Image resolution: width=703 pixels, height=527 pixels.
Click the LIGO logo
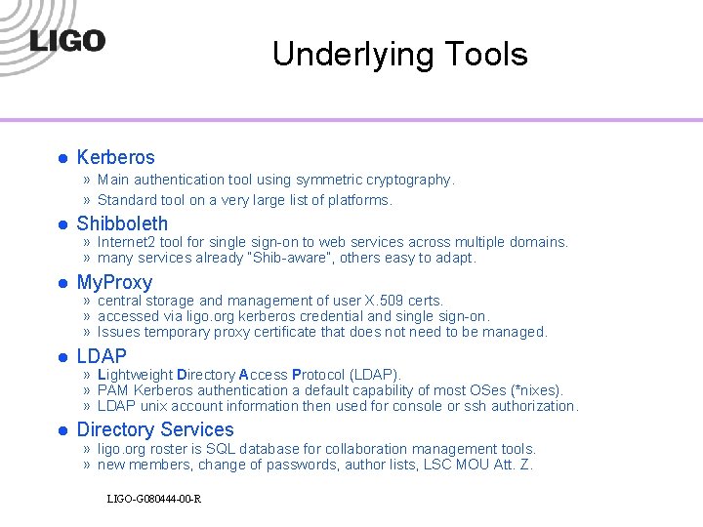pyautogui.click(x=66, y=41)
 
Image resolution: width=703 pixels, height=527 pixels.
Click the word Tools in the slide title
pyautogui.click(x=485, y=54)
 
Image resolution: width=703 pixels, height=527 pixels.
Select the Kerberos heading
pyautogui.click(x=115, y=157)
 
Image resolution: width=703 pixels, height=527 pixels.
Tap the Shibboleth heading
pyautogui.click(x=122, y=223)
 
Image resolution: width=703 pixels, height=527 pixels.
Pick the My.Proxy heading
pyautogui.click(x=114, y=283)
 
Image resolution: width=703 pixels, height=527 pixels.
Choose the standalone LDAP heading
pyautogui.click(x=102, y=356)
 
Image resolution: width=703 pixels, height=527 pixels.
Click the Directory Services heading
pyautogui.click(x=155, y=429)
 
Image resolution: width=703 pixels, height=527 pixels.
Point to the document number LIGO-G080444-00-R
pyautogui.click(x=154, y=500)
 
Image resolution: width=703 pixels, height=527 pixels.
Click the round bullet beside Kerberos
pyautogui.click(x=61, y=158)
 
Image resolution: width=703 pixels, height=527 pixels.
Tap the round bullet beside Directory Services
pyautogui.click(x=61, y=430)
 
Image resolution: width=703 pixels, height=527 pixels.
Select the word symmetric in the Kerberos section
pyautogui.click(x=329, y=180)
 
